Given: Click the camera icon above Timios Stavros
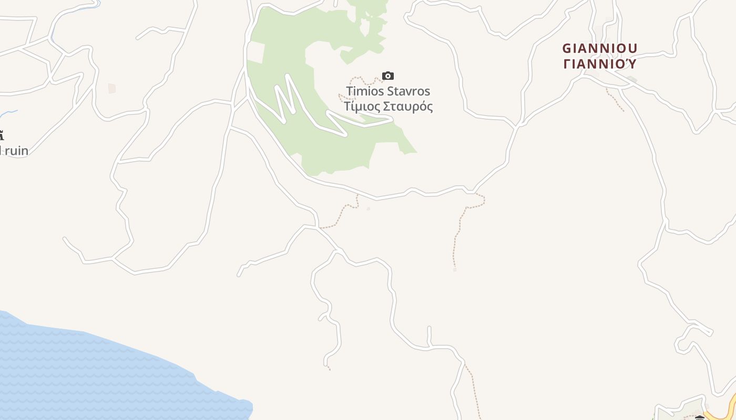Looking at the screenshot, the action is (x=388, y=76).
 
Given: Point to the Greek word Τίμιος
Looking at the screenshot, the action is (x=361, y=107).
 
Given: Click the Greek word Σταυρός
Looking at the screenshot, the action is (x=407, y=107).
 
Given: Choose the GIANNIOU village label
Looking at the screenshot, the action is (x=599, y=49).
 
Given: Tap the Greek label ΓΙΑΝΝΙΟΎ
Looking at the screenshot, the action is (x=599, y=64).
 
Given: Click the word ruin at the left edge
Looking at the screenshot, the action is (x=17, y=151).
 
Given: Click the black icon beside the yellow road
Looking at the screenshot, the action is (x=700, y=418).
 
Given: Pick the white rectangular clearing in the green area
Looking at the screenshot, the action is (x=255, y=52).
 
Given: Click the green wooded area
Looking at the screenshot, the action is (x=336, y=152).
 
